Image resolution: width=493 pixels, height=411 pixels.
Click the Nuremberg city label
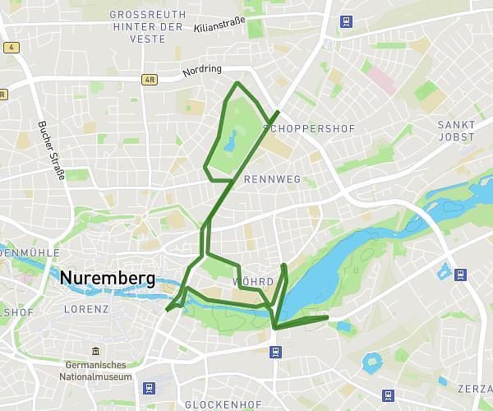click(107, 279)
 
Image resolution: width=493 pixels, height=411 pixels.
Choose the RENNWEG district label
click(272, 179)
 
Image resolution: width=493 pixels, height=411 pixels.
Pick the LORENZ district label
click(86, 310)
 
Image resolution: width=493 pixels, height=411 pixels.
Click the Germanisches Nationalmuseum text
click(96, 371)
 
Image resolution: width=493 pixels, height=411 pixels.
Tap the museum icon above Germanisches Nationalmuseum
click(96, 353)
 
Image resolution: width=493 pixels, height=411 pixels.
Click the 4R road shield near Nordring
click(149, 80)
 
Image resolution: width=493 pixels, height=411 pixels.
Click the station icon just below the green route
click(274, 352)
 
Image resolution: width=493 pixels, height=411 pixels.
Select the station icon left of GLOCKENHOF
click(149, 388)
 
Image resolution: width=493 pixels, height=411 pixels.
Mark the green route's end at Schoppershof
click(279, 112)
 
